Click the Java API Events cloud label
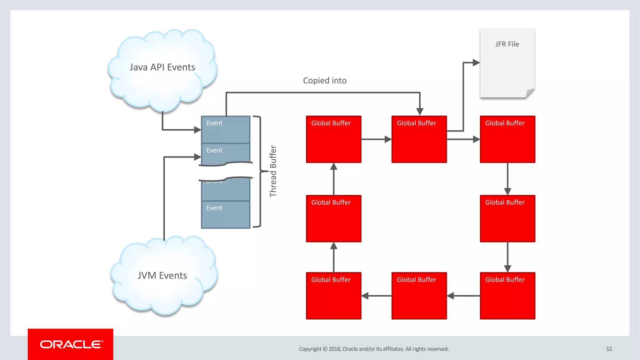pyautogui.click(x=162, y=67)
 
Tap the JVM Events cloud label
pyautogui.click(x=162, y=275)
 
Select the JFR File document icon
pyautogui.click(x=507, y=62)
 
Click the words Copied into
pyautogui.click(x=325, y=81)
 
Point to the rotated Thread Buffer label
pyautogui.click(x=273, y=171)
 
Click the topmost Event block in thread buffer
pyautogui.click(x=225, y=129)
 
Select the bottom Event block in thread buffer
pyautogui.click(x=225, y=214)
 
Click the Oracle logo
pyautogui.click(x=71, y=344)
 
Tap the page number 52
pyautogui.click(x=609, y=349)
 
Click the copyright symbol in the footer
pyautogui.click(x=325, y=349)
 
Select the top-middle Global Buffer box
pyautogui.click(x=419, y=139)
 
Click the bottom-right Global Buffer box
pyautogui.click(x=507, y=296)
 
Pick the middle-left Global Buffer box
pyautogui.click(x=333, y=218)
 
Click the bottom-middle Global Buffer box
pyautogui.click(x=419, y=296)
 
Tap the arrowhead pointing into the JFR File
pyautogui.click(x=476, y=62)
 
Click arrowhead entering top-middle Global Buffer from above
pyautogui.click(x=420, y=112)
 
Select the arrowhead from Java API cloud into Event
pyautogui.click(x=197, y=129)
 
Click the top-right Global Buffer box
pyautogui.click(x=507, y=139)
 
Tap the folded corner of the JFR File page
pyautogui.click(x=530, y=93)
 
